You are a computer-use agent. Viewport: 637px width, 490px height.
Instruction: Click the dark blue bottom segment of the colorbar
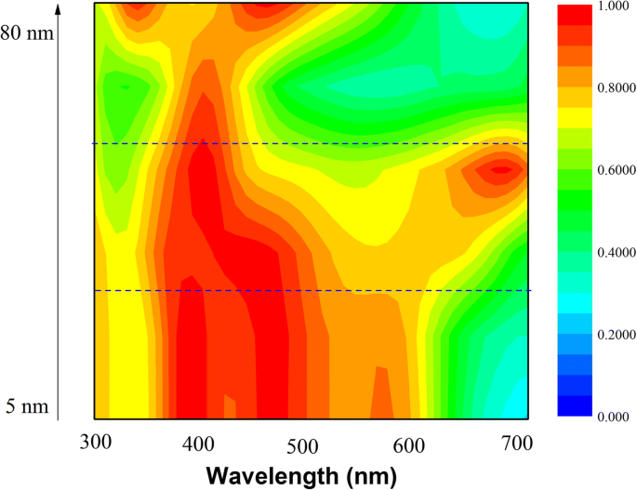tap(574, 405)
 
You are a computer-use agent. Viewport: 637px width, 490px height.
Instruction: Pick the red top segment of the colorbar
tap(574, 13)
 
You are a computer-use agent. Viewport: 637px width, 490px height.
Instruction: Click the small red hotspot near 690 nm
tap(502, 169)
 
